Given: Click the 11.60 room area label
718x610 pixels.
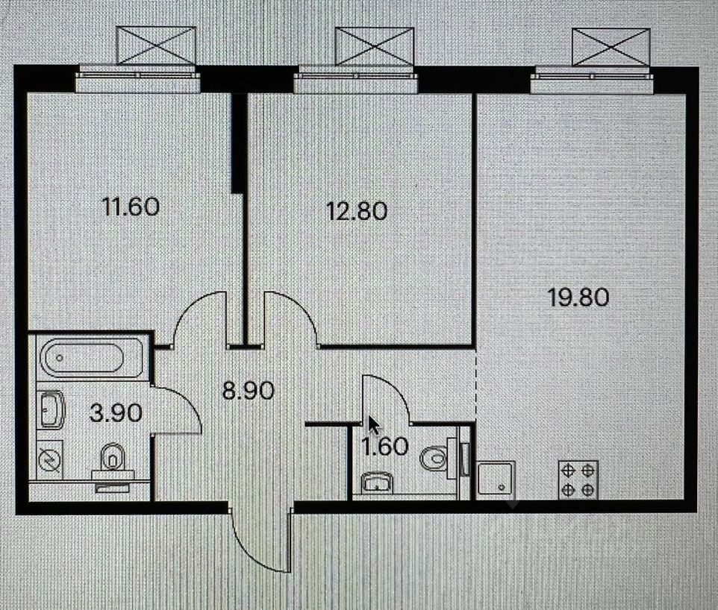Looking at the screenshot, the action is (131, 206).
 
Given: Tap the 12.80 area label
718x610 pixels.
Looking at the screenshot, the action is (356, 211).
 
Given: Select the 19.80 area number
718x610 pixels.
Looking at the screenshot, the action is (578, 298).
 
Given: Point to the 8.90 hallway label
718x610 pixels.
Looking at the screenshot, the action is (249, 389).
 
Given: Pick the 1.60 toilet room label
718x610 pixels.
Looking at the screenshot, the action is (385, 447).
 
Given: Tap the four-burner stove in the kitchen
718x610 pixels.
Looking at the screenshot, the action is (578, 479).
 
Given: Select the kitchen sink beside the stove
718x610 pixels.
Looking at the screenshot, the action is (496, 479).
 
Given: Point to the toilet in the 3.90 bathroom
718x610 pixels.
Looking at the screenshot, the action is (112, 456).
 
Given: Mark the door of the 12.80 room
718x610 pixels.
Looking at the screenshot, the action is (291, 317).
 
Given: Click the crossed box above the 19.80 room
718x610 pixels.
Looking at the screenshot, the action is (611, 46).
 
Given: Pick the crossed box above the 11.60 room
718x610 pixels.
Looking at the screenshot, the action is (156, 45).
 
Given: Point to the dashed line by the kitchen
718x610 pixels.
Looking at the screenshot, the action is (477, 386).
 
